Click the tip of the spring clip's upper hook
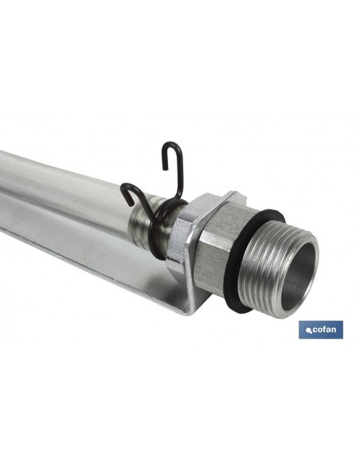(164, 169)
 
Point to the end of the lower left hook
(130, 204)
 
